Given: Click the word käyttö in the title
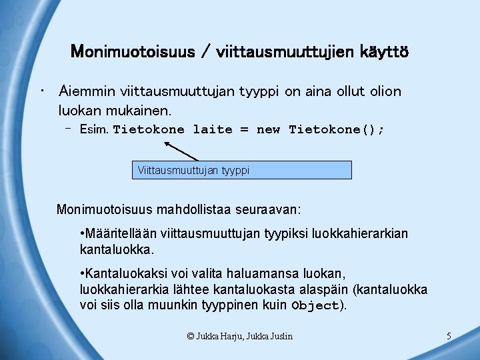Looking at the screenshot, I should click(383, 51).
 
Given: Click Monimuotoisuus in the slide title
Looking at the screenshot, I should click(126, 51).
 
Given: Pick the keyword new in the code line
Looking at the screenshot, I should click(268, 129).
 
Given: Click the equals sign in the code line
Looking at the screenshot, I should click(244, 129).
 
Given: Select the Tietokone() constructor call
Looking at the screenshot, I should click(336, 129).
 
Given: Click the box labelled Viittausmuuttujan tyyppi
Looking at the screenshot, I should click(242, 170).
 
